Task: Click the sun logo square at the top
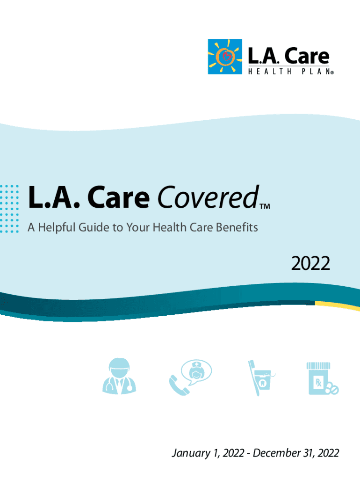[x=225, y=57]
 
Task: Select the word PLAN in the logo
[x=316, y=72]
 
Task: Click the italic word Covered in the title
[x=207, y=199]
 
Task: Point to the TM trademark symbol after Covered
[x=265, y=206]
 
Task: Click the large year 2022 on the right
[x=311, y=265]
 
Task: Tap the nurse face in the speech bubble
[x=196, y=372]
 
